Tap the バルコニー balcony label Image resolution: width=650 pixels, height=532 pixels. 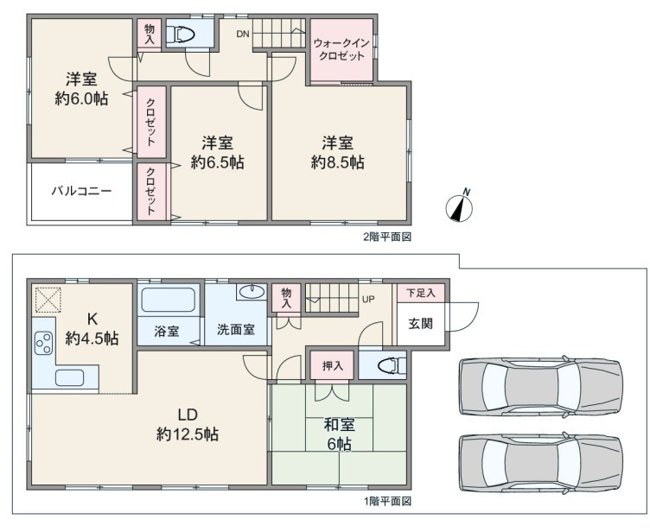81,191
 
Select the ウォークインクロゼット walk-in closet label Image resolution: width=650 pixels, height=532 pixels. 341,49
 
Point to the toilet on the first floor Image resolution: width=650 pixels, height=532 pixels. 392,366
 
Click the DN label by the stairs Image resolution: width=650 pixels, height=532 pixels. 243,34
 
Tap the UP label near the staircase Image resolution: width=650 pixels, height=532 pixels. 368,299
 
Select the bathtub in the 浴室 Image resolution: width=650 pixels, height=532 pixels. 169,300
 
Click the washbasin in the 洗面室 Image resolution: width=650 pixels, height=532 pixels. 252,292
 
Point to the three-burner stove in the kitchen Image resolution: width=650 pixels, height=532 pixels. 44,343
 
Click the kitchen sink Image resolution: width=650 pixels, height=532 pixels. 70,377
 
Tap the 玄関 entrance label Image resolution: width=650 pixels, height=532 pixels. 421,324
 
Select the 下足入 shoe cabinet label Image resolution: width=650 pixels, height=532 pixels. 421,293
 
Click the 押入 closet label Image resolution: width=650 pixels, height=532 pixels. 333,366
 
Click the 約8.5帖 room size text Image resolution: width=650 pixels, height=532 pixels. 338,162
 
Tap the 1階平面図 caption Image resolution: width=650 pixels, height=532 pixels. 387,502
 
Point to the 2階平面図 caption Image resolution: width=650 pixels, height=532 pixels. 387,237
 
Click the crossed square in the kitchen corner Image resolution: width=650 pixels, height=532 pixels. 48,299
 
